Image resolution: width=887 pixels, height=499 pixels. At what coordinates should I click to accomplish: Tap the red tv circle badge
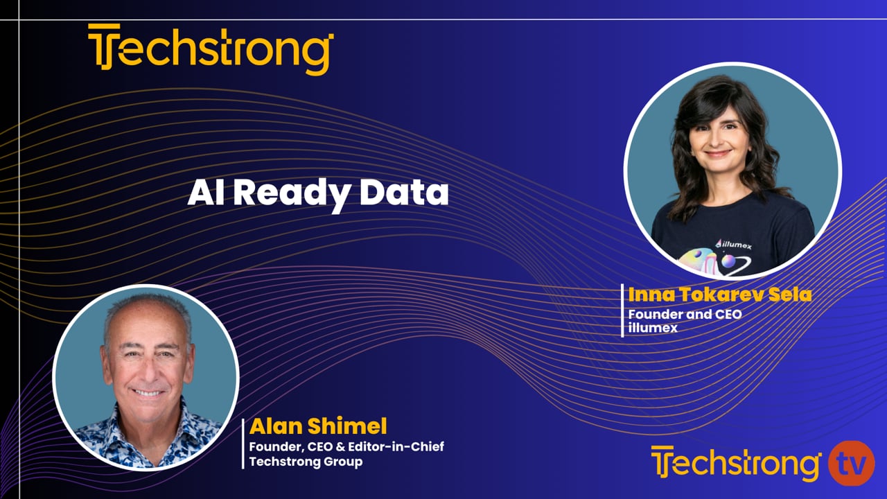[852, 463]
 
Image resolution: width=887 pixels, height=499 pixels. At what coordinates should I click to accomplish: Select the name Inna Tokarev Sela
[719, 295]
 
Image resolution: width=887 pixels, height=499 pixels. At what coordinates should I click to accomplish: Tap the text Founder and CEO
[685, 315]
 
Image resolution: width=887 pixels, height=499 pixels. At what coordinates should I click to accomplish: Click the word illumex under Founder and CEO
[653, 328]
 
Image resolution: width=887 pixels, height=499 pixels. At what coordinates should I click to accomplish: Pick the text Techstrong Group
[306, 462]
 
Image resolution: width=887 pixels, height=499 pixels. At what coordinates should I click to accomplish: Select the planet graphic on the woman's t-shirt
[728, 261]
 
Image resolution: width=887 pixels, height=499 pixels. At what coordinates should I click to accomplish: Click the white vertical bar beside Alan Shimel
[243, 443]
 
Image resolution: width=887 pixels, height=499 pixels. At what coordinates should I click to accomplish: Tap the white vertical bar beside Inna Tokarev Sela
[622, 310]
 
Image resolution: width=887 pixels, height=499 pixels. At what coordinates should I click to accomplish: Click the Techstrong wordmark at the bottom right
[736, 464]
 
